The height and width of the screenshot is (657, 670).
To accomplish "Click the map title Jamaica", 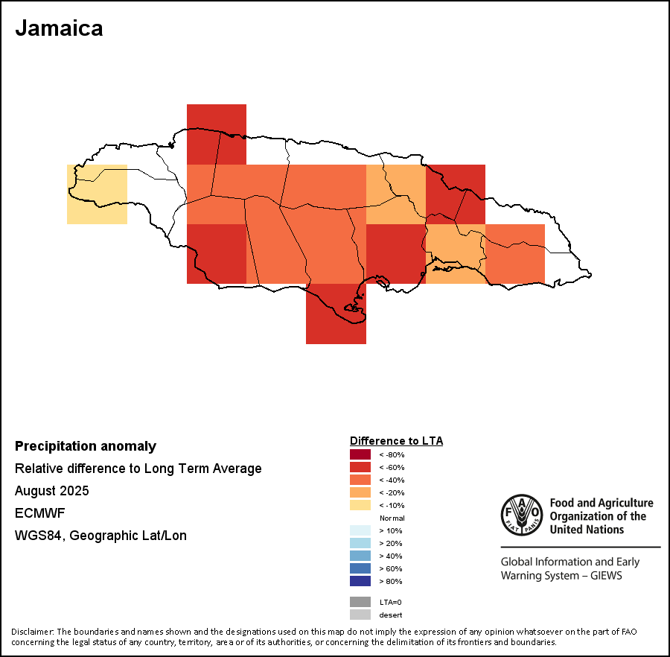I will pos(59,28).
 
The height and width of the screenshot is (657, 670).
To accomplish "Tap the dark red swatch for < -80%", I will pos(360,454).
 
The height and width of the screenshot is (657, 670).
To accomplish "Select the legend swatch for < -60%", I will pos(360,467).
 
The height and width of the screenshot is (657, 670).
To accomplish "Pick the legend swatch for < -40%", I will pos(360,480).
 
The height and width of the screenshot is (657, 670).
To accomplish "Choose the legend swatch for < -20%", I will pos(360,492).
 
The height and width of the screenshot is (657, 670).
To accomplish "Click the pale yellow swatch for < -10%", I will pos(360,505).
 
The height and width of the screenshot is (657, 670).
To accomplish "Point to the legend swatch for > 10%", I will pos(360,530).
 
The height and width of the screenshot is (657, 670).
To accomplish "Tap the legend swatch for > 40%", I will pos(360,556).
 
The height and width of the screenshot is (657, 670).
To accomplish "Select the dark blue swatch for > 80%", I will pos(360,581).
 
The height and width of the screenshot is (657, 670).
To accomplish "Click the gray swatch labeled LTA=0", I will pos(360,602).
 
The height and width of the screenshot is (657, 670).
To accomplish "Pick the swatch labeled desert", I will pos(360,615).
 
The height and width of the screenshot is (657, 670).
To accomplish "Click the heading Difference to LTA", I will pos(396,441).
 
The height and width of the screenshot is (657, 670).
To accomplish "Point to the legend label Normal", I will pos(392,518).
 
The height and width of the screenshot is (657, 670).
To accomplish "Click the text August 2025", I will pos(52,491).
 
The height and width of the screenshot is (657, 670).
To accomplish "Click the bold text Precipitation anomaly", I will pos(86,446).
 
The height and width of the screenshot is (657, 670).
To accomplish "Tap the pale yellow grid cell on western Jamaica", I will pos(97,194).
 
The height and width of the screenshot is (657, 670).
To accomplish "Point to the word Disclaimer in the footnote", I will pos(31,632).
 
